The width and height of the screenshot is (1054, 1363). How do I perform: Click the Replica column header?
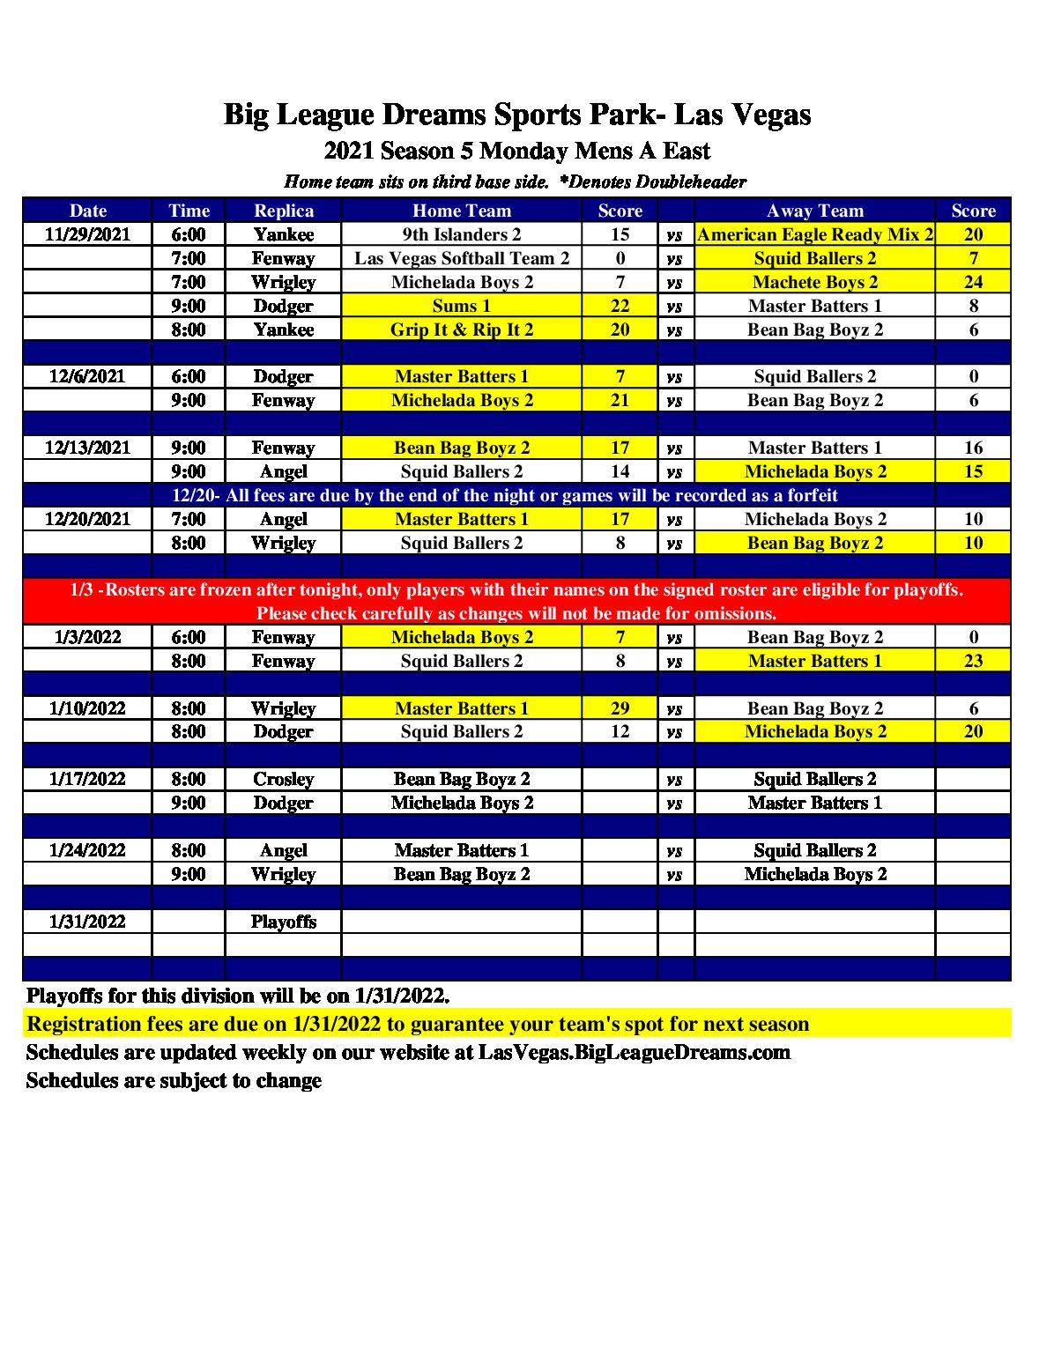[284, 211]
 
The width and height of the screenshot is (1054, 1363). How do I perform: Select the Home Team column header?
[462, 211]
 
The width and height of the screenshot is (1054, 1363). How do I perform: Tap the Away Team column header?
[815, 211]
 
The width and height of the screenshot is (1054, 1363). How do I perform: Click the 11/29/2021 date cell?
[87, 234]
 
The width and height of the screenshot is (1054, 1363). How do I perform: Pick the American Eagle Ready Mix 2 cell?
[815, 234]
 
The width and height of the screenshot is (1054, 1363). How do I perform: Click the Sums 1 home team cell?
[462, 306]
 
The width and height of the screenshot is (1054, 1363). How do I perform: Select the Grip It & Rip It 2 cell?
[462, 330]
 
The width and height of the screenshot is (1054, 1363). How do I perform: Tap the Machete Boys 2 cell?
[815, 282]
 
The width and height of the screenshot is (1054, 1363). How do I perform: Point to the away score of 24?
[973, 282]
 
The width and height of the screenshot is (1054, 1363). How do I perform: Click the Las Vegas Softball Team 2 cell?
[462, 258]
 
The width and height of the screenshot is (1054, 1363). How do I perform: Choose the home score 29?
[620, 708]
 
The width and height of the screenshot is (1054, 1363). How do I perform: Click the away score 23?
[973, 661]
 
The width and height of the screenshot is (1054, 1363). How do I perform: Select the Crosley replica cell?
[284, 779]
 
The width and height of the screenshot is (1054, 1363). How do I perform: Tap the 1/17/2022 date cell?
[87, 779]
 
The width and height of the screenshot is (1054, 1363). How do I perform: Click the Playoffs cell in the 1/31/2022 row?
[284, 922]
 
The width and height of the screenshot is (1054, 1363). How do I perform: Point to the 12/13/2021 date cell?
[87, 448]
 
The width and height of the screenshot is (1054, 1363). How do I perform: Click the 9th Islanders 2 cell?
[462, 234]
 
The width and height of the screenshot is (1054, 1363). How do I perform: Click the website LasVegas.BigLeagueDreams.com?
[635, 1052]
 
